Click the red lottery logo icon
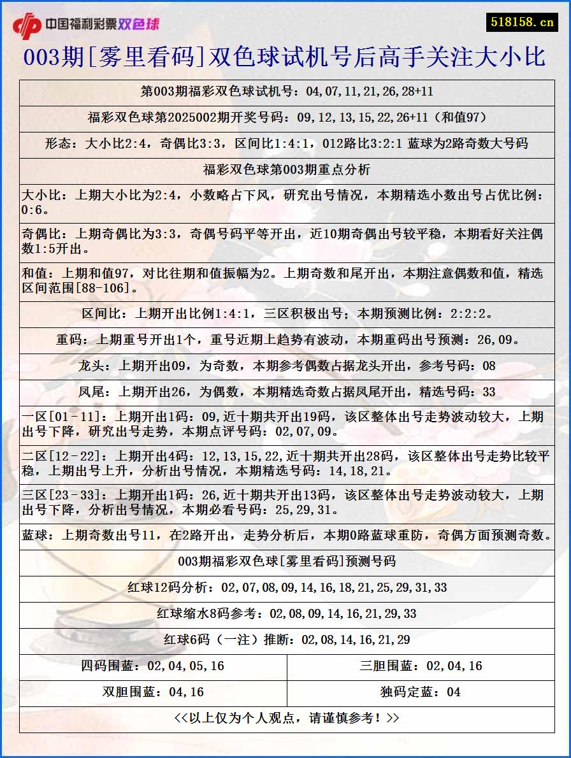click(26, 25)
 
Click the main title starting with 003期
click(285, 57)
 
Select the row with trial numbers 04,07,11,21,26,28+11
click(287, 92)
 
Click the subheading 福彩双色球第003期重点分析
click(287, 169)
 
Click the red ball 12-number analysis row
click(287, 588)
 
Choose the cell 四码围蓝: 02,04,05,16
click(153, 666)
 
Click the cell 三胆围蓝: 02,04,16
click(421, 666)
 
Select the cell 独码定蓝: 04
click(421, 692)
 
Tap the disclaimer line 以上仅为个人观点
click(287, 718)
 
